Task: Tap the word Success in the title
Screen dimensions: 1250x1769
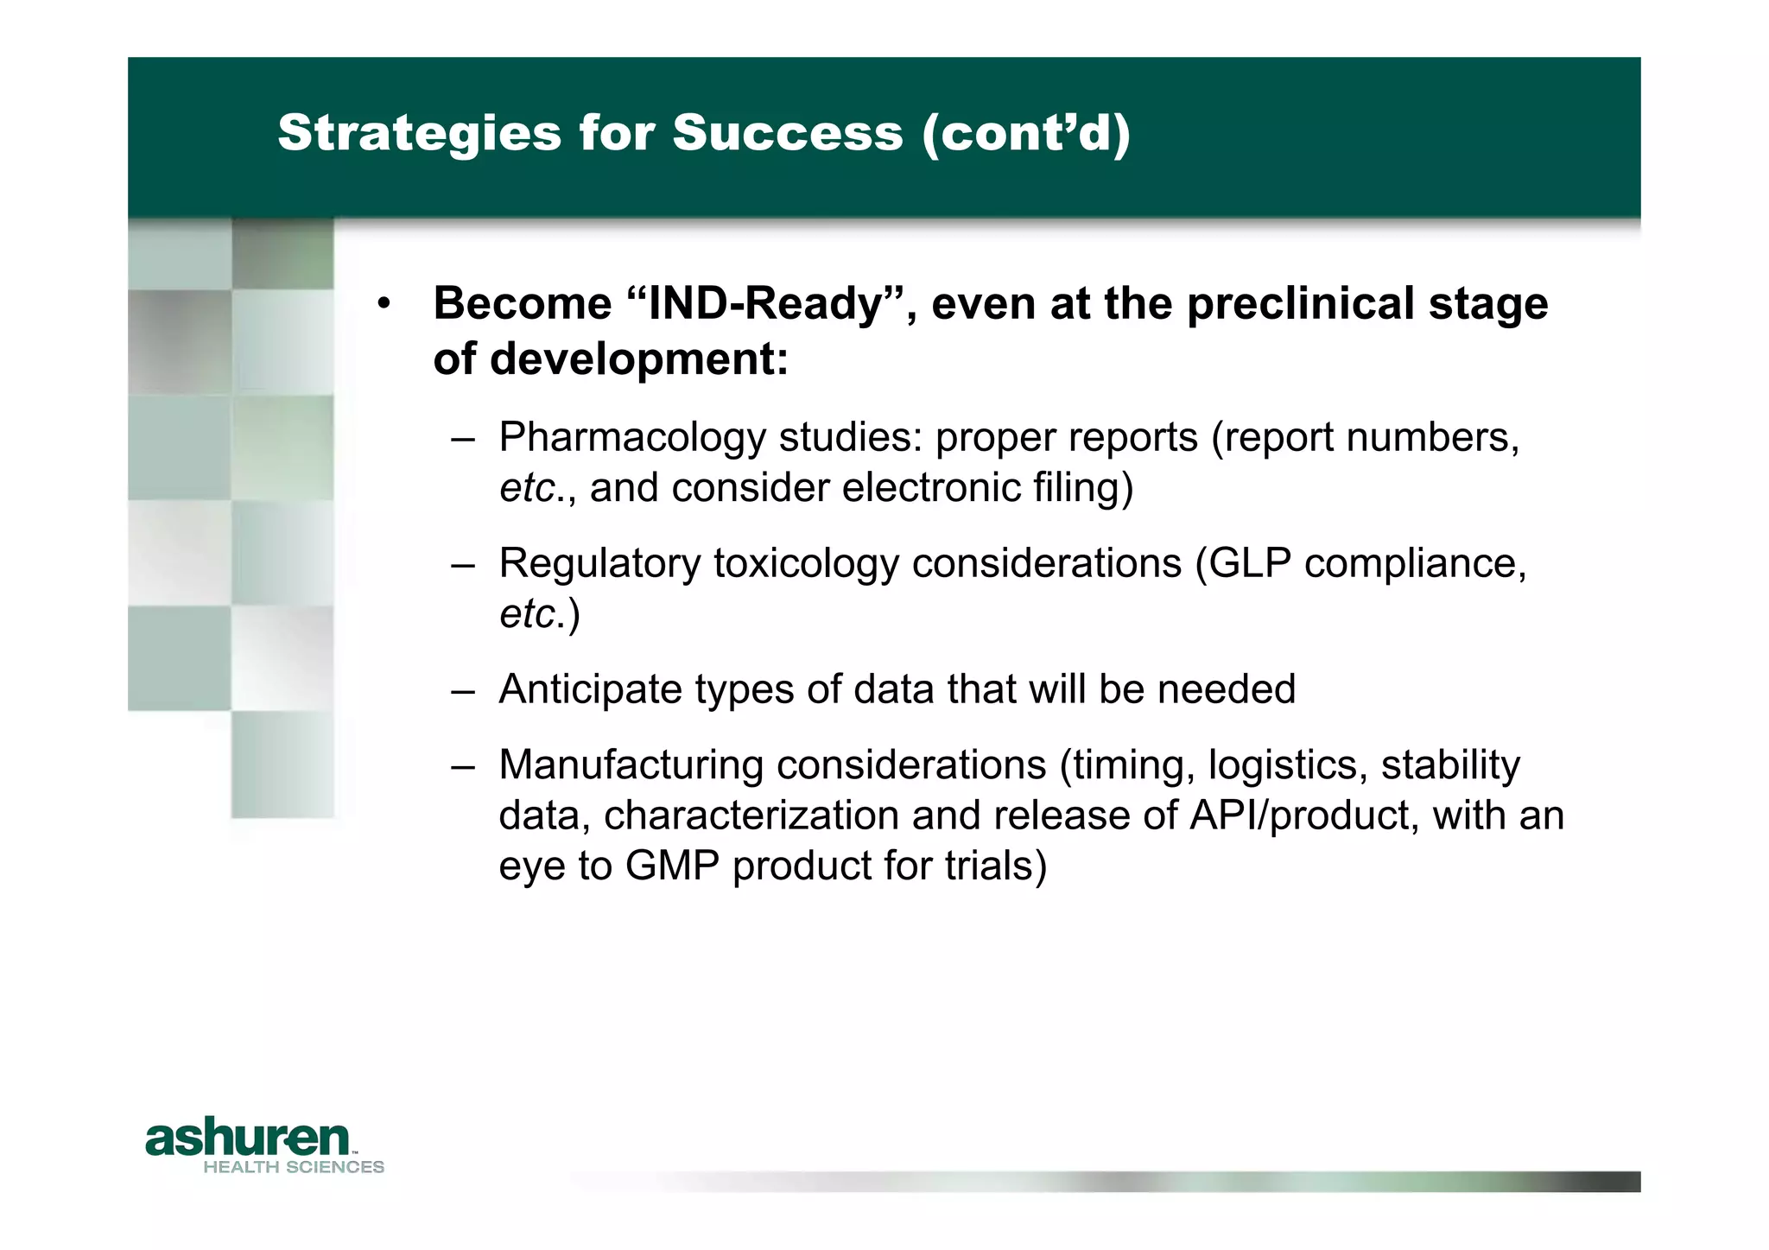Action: coord(787,133)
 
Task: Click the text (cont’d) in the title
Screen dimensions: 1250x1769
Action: coord(1025,133)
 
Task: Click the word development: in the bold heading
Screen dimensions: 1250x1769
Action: coord(638,359)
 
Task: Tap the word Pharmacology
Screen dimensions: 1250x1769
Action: coord(631,438)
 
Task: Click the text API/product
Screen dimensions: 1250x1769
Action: coord(1303,815)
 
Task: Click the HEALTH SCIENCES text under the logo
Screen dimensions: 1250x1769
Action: coord(294,1167)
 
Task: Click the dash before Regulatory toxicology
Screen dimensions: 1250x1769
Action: coord(463,566)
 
